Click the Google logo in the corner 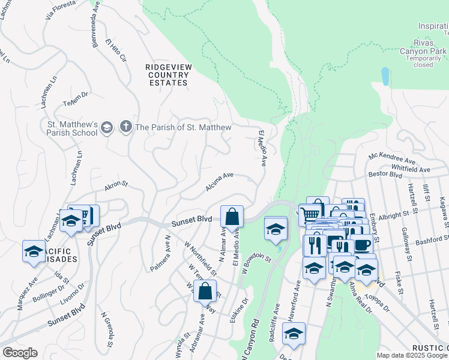pyautogui.click(x=20, y=353)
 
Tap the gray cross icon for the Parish pyautogui.click(x=126, y=127)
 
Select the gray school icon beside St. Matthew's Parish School pyautogui.click(x=107, y=127)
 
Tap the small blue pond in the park pyautogui.click(x=384, y=76)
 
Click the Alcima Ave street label pyautogui.click(x=219, y=182)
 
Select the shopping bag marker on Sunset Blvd pyautogui.click(x=232, y=217)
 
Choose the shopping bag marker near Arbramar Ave pyautogui.click(x=205, y=291)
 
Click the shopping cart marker pyautogui.click(x=310, y=214)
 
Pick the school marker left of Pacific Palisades pyautogui.click(x=34, y=251)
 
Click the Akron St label pyautogui.click(x=116, y=186)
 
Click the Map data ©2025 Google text pyautogui.click(x=412, y=355)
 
